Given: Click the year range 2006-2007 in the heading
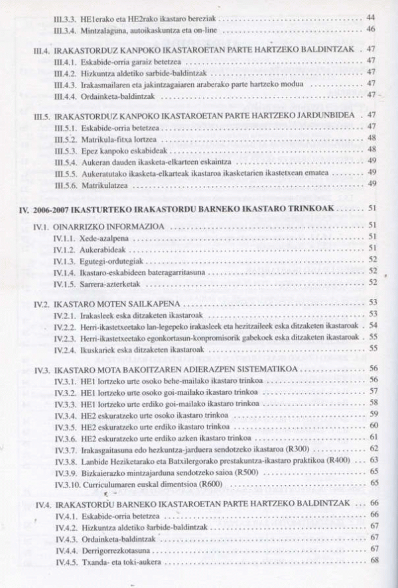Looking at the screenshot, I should coord(54,208).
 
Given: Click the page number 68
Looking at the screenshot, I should coord(374,561).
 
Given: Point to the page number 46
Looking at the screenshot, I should coord(370,29).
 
